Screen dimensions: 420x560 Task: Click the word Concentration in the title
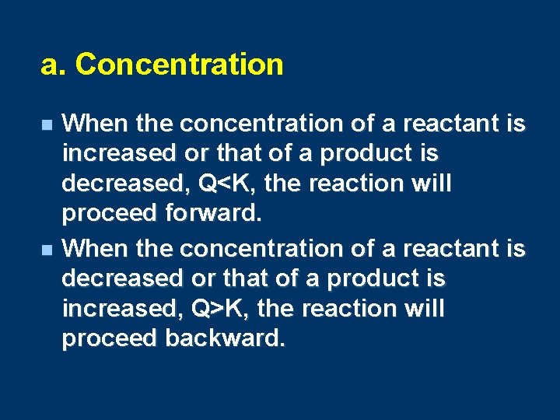point(180,65)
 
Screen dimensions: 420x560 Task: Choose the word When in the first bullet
point(95,124)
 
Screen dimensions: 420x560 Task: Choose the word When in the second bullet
point(95,248)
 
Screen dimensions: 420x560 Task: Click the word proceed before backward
point(109,339)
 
